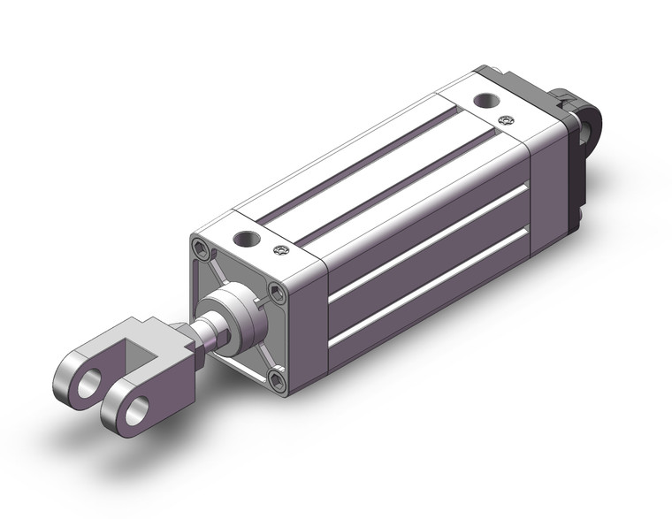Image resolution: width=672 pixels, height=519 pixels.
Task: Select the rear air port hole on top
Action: (485, 101)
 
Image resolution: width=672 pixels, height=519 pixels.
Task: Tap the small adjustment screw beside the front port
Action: (281, 252)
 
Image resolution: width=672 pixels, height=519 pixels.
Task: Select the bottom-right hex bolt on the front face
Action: (279, 381)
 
